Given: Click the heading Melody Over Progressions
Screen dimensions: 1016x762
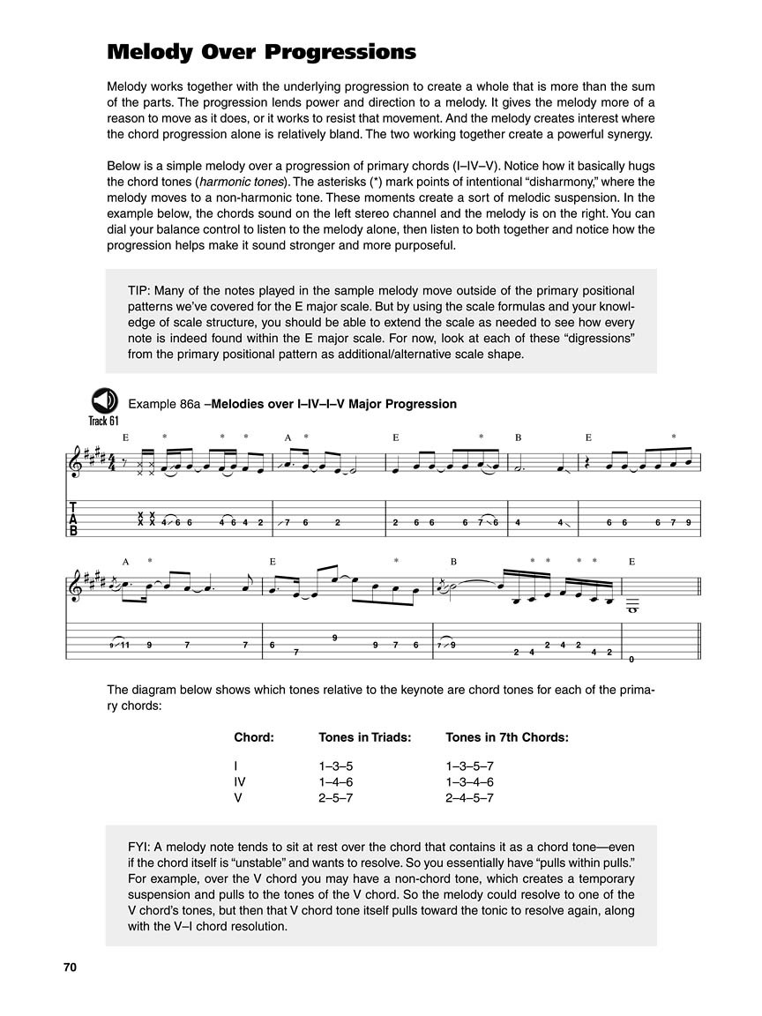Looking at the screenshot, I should click(x=261, y=52).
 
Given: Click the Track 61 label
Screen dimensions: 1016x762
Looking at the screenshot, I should click(x=103, y=421).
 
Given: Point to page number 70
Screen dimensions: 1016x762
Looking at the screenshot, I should click(x=70, y=967).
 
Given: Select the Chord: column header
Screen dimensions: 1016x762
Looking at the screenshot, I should click(x=254, y=737).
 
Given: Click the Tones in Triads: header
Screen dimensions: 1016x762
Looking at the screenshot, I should click(x=364, y=737).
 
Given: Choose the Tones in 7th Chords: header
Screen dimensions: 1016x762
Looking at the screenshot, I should click(x=506, y=737).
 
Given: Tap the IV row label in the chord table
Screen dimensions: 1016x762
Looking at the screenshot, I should click(x=239, y=781).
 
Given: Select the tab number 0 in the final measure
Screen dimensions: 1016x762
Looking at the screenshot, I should click(x=631, y=659).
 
